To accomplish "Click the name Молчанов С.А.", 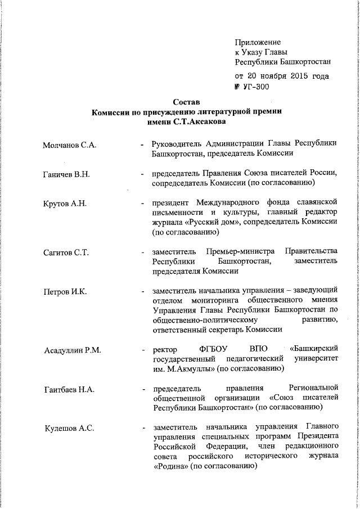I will point(70,145).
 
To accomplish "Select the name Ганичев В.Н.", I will point(66,175).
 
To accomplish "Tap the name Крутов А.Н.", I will point(65,204).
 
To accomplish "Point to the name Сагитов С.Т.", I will point(66,253).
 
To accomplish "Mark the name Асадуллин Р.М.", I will point(73,351).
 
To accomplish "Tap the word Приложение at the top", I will point(258,42).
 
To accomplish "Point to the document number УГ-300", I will point(255,87).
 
